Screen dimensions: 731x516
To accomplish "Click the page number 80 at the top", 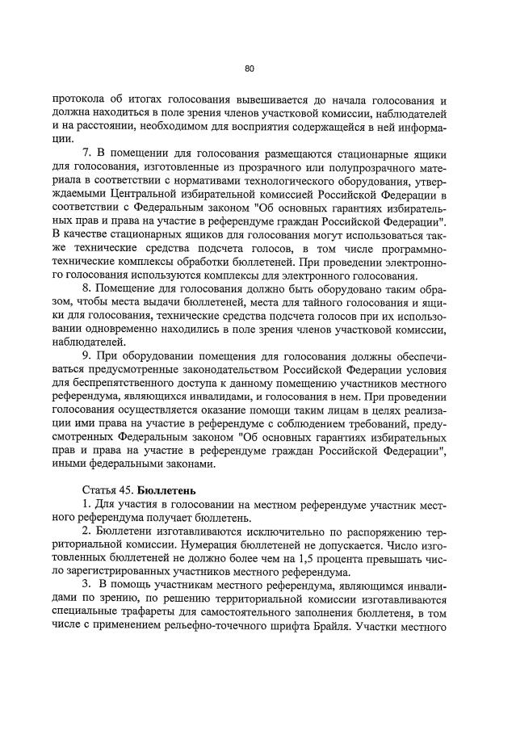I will coord(250,68).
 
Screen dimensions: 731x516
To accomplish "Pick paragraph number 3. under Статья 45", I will coord(88,582).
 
